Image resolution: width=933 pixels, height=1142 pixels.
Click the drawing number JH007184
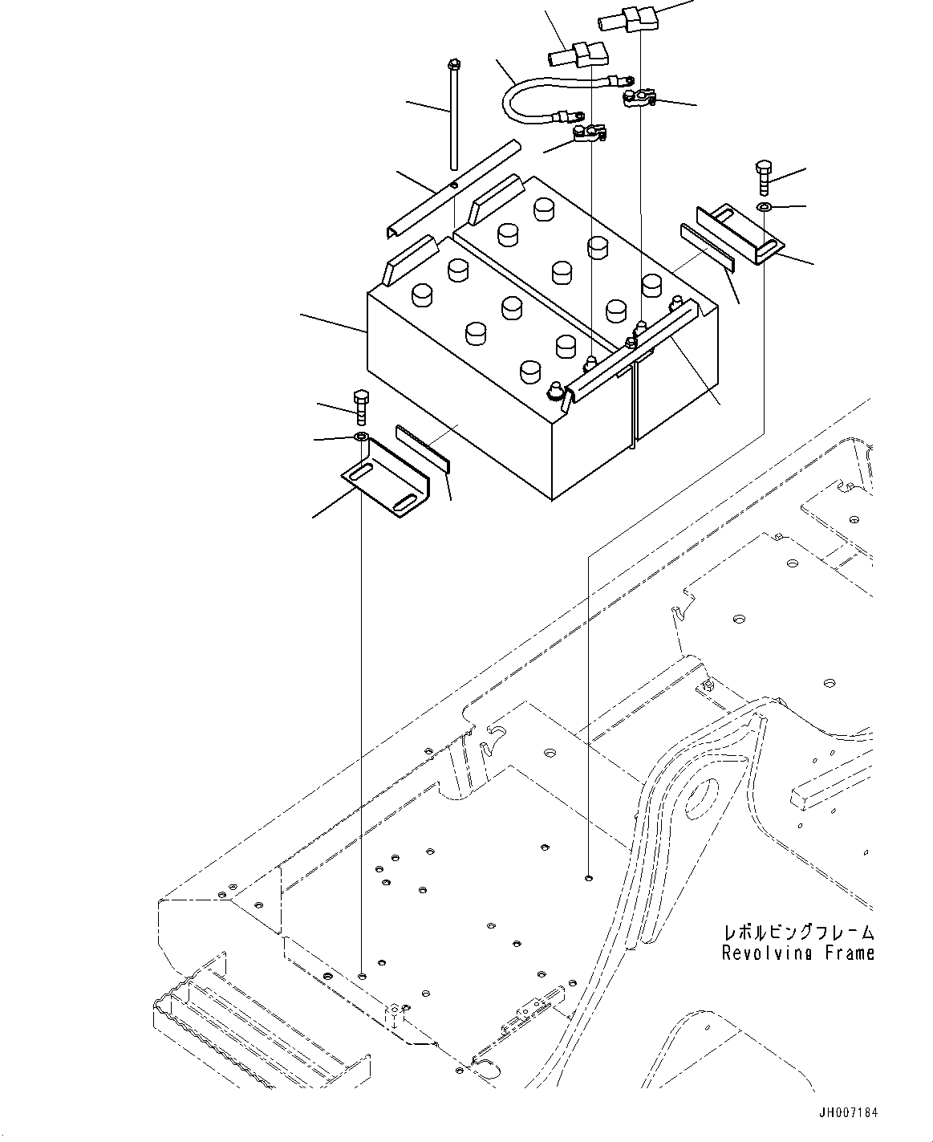tap(849, 1113)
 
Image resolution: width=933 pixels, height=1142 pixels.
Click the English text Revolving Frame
tap(797, 953)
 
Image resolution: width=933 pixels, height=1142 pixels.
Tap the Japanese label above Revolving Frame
tap(797, 933)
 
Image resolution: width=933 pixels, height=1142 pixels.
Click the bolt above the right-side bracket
tap(762, 177)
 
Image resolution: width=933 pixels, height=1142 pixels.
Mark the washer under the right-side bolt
tap(764, 208)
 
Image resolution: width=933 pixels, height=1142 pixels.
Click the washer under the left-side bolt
tap(361, 437)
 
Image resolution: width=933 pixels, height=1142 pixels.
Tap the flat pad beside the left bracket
tap(423, 449)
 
